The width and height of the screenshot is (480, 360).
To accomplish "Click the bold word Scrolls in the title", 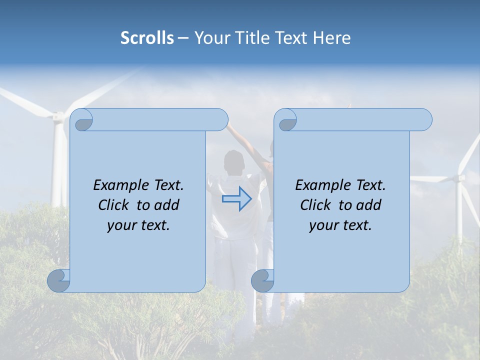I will (x=147, y=37).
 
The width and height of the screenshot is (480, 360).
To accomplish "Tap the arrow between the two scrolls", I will (x=237, y=199).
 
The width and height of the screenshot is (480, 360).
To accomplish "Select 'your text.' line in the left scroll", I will (x=138, y=225).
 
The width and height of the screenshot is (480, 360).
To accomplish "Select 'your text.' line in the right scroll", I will (x=340, y=225).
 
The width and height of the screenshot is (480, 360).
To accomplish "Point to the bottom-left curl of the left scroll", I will (x=59, y=281).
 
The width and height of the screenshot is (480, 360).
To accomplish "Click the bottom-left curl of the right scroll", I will (x=263, y=281).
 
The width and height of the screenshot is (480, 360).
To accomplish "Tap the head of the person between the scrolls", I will (x=233, y=161).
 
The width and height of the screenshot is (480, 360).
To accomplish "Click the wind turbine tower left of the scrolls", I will (x=59, y=165).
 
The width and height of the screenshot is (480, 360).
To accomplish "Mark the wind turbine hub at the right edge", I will (x=459, y=177).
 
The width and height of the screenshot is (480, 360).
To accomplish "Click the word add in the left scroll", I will (x=166, y=205).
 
